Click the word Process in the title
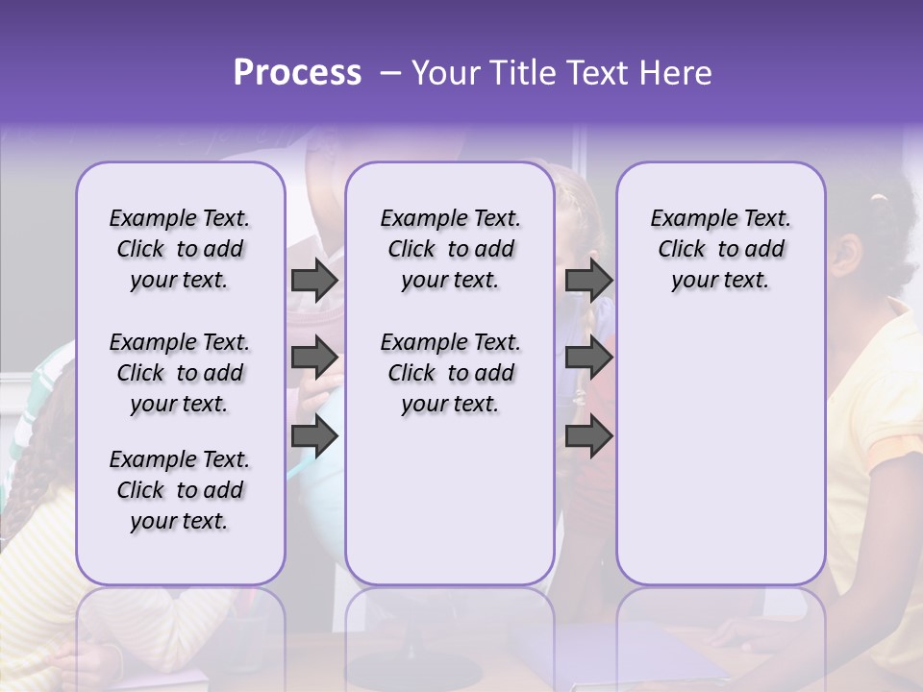point(297,73)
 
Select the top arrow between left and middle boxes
point(314,280)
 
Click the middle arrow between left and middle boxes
point(314,358)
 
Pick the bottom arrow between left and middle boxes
point(314,436)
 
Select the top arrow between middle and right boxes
point(588,280)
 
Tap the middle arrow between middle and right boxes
point(588,358)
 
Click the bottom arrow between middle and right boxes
point(588,436)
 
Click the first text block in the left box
point(180,249)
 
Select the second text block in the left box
point(180,373)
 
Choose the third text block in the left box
point(180,490)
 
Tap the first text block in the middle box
point(450,249)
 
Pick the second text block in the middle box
point(450,373)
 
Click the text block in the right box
point(720,249)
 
